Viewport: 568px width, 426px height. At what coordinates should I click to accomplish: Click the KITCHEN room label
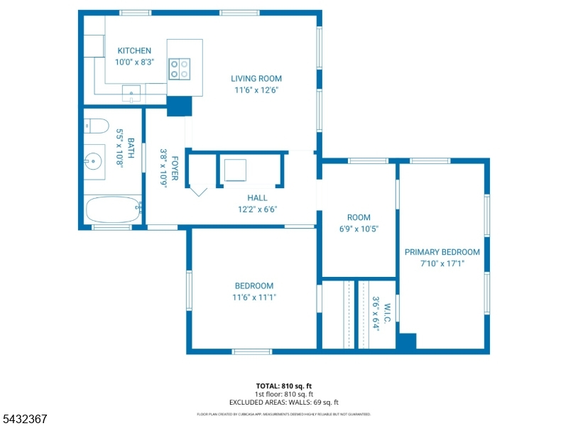click(134, 50)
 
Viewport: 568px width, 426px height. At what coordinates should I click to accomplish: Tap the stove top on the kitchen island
click(180, 69)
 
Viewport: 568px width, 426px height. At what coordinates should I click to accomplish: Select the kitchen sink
click(131, 94)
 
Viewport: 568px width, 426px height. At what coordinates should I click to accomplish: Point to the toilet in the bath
click(97, 126)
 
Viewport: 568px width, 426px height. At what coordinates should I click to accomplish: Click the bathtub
click(113, 209)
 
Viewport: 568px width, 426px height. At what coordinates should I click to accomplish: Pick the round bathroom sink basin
click(93, 161)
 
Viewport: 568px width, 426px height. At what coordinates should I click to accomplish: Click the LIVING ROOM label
click(256, 79)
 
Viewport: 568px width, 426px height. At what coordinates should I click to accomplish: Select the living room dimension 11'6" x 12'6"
click(256, 90)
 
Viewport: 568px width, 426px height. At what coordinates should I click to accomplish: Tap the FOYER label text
click(175, 168)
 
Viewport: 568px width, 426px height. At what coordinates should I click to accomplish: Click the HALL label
click(257, 198)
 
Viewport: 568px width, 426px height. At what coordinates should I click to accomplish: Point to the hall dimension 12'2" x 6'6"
click(257, 209)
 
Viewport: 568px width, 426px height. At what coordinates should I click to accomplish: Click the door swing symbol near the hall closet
click(199, 192)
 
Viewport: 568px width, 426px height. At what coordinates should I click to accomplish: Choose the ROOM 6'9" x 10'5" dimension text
click(359, 229)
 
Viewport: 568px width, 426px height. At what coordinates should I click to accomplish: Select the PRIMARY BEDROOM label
click(442, 252)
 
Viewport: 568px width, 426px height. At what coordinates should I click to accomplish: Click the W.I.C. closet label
click(387, 313)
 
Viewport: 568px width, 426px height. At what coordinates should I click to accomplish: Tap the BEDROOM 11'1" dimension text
click(254, 297)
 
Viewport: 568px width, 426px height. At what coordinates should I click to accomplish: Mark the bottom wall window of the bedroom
click(252, 351)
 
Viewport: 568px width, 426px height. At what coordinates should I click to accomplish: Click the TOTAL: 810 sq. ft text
click(283, 386)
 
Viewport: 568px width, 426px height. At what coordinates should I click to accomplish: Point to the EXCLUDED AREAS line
click(283, 403)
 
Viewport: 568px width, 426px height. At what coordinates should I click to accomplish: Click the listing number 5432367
click(23, 419)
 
